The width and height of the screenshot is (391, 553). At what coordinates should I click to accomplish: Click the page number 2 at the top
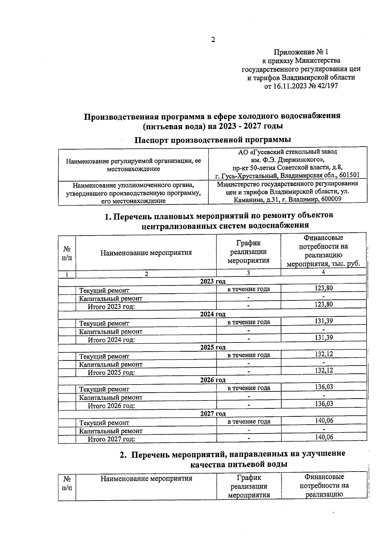click(213, 40)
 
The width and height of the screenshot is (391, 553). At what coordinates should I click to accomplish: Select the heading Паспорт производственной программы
click(213, 140)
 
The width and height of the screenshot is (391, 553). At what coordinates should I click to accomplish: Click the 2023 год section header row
click(212, 281)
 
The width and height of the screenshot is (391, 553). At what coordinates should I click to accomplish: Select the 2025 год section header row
click(212, 347)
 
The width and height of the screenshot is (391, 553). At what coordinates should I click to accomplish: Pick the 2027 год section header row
click(212, 414)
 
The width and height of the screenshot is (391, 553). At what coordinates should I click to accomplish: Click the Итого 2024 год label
click(111, 340)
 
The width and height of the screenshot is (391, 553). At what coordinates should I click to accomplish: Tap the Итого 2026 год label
click(111, 406)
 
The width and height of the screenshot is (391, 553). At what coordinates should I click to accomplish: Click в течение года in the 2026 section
click(249, 388)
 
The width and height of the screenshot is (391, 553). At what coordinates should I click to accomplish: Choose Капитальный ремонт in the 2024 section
click(111, 332)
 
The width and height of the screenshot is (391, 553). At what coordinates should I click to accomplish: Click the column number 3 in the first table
click(248, 273)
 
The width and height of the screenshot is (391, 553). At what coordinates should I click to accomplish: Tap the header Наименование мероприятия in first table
click(146, 253)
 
